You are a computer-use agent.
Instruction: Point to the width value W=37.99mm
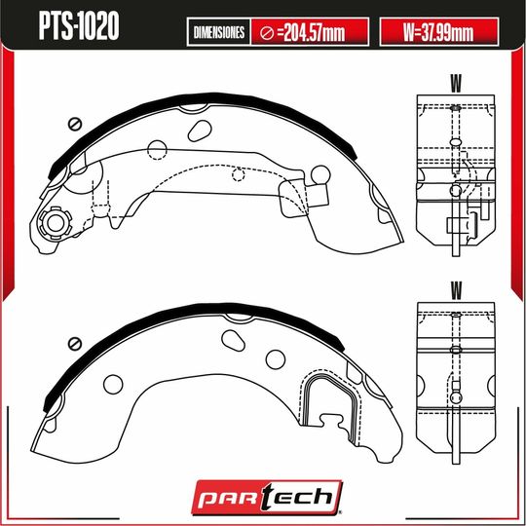437,33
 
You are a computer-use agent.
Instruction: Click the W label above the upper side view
455,80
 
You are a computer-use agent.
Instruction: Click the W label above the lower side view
455,289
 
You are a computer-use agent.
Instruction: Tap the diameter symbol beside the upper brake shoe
74,124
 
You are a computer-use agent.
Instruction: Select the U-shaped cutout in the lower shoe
326,399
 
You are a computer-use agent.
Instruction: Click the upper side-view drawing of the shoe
455,170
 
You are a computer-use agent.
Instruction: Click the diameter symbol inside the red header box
267,33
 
